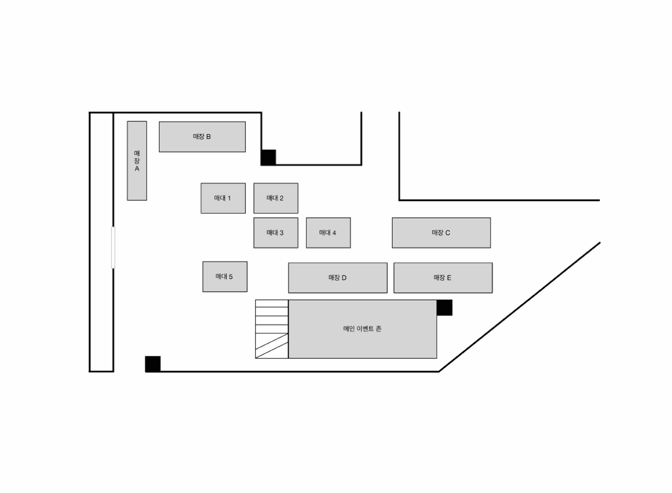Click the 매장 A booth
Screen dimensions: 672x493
point(137,161)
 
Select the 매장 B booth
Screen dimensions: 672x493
point(202,137)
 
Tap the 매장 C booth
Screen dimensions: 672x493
point(441,232)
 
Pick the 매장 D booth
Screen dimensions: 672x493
point(338,278)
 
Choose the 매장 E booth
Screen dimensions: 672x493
point(443,278)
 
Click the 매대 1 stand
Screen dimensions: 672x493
point(223,198)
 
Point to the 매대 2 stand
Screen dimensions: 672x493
point(276,198)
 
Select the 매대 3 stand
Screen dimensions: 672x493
point(276,233)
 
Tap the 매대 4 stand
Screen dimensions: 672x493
point(328,233)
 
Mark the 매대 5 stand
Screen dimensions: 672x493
point(225,277)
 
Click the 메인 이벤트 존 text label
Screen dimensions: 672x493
point(362,329)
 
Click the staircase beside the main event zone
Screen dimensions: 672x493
point(272,329)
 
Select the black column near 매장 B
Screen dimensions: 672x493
point(268,157)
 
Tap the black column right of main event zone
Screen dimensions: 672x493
point(445,308)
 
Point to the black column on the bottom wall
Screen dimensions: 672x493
point(153,364)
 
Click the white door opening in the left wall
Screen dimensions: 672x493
point(113,247)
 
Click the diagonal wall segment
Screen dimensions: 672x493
point(520,306)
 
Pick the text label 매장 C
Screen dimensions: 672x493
point(441,232)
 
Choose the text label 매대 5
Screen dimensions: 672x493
point(224,276)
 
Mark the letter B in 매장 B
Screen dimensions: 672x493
point(208,137)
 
